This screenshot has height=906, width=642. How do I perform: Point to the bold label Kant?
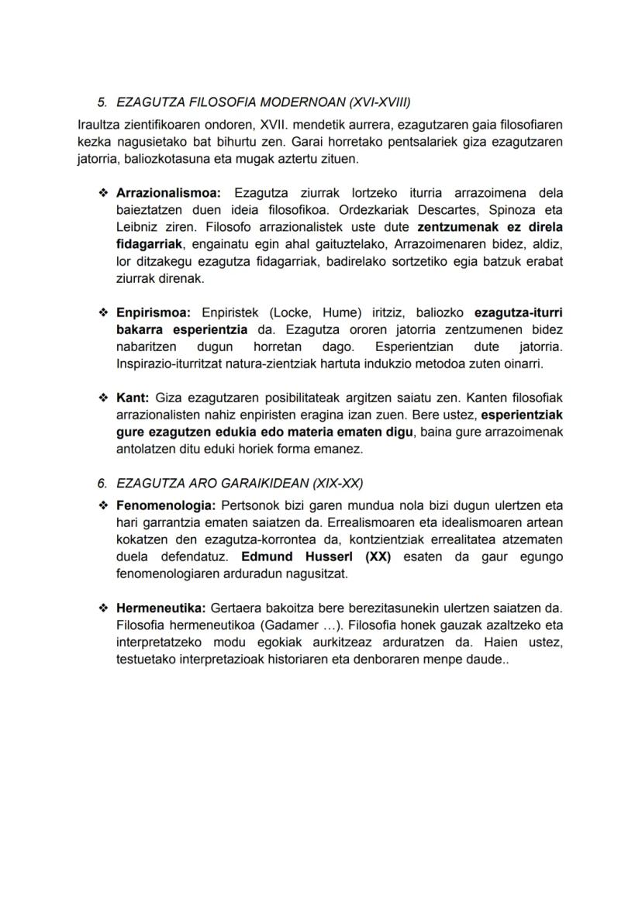(133, 398)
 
